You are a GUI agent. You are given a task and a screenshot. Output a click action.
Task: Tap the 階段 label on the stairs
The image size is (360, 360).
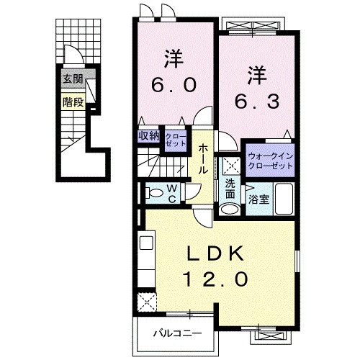[72, 102]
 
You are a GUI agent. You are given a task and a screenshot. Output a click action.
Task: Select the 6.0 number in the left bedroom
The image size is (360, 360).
[173, 85]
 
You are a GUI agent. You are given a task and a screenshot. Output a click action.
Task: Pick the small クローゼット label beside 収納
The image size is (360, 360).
[175, 138]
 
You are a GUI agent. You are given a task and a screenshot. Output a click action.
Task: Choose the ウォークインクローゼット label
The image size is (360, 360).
[270, 159]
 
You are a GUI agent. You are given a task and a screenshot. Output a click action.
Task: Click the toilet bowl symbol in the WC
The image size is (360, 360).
[153, 192]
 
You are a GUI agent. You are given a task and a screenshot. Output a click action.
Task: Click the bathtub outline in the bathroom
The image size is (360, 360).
[284, 199]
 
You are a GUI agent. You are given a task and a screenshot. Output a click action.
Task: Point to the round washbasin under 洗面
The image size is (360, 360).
[229, 209]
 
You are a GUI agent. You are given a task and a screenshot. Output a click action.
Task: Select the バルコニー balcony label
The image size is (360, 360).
[176, 333]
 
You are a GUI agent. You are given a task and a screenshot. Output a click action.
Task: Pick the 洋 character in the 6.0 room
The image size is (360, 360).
[173, 56]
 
